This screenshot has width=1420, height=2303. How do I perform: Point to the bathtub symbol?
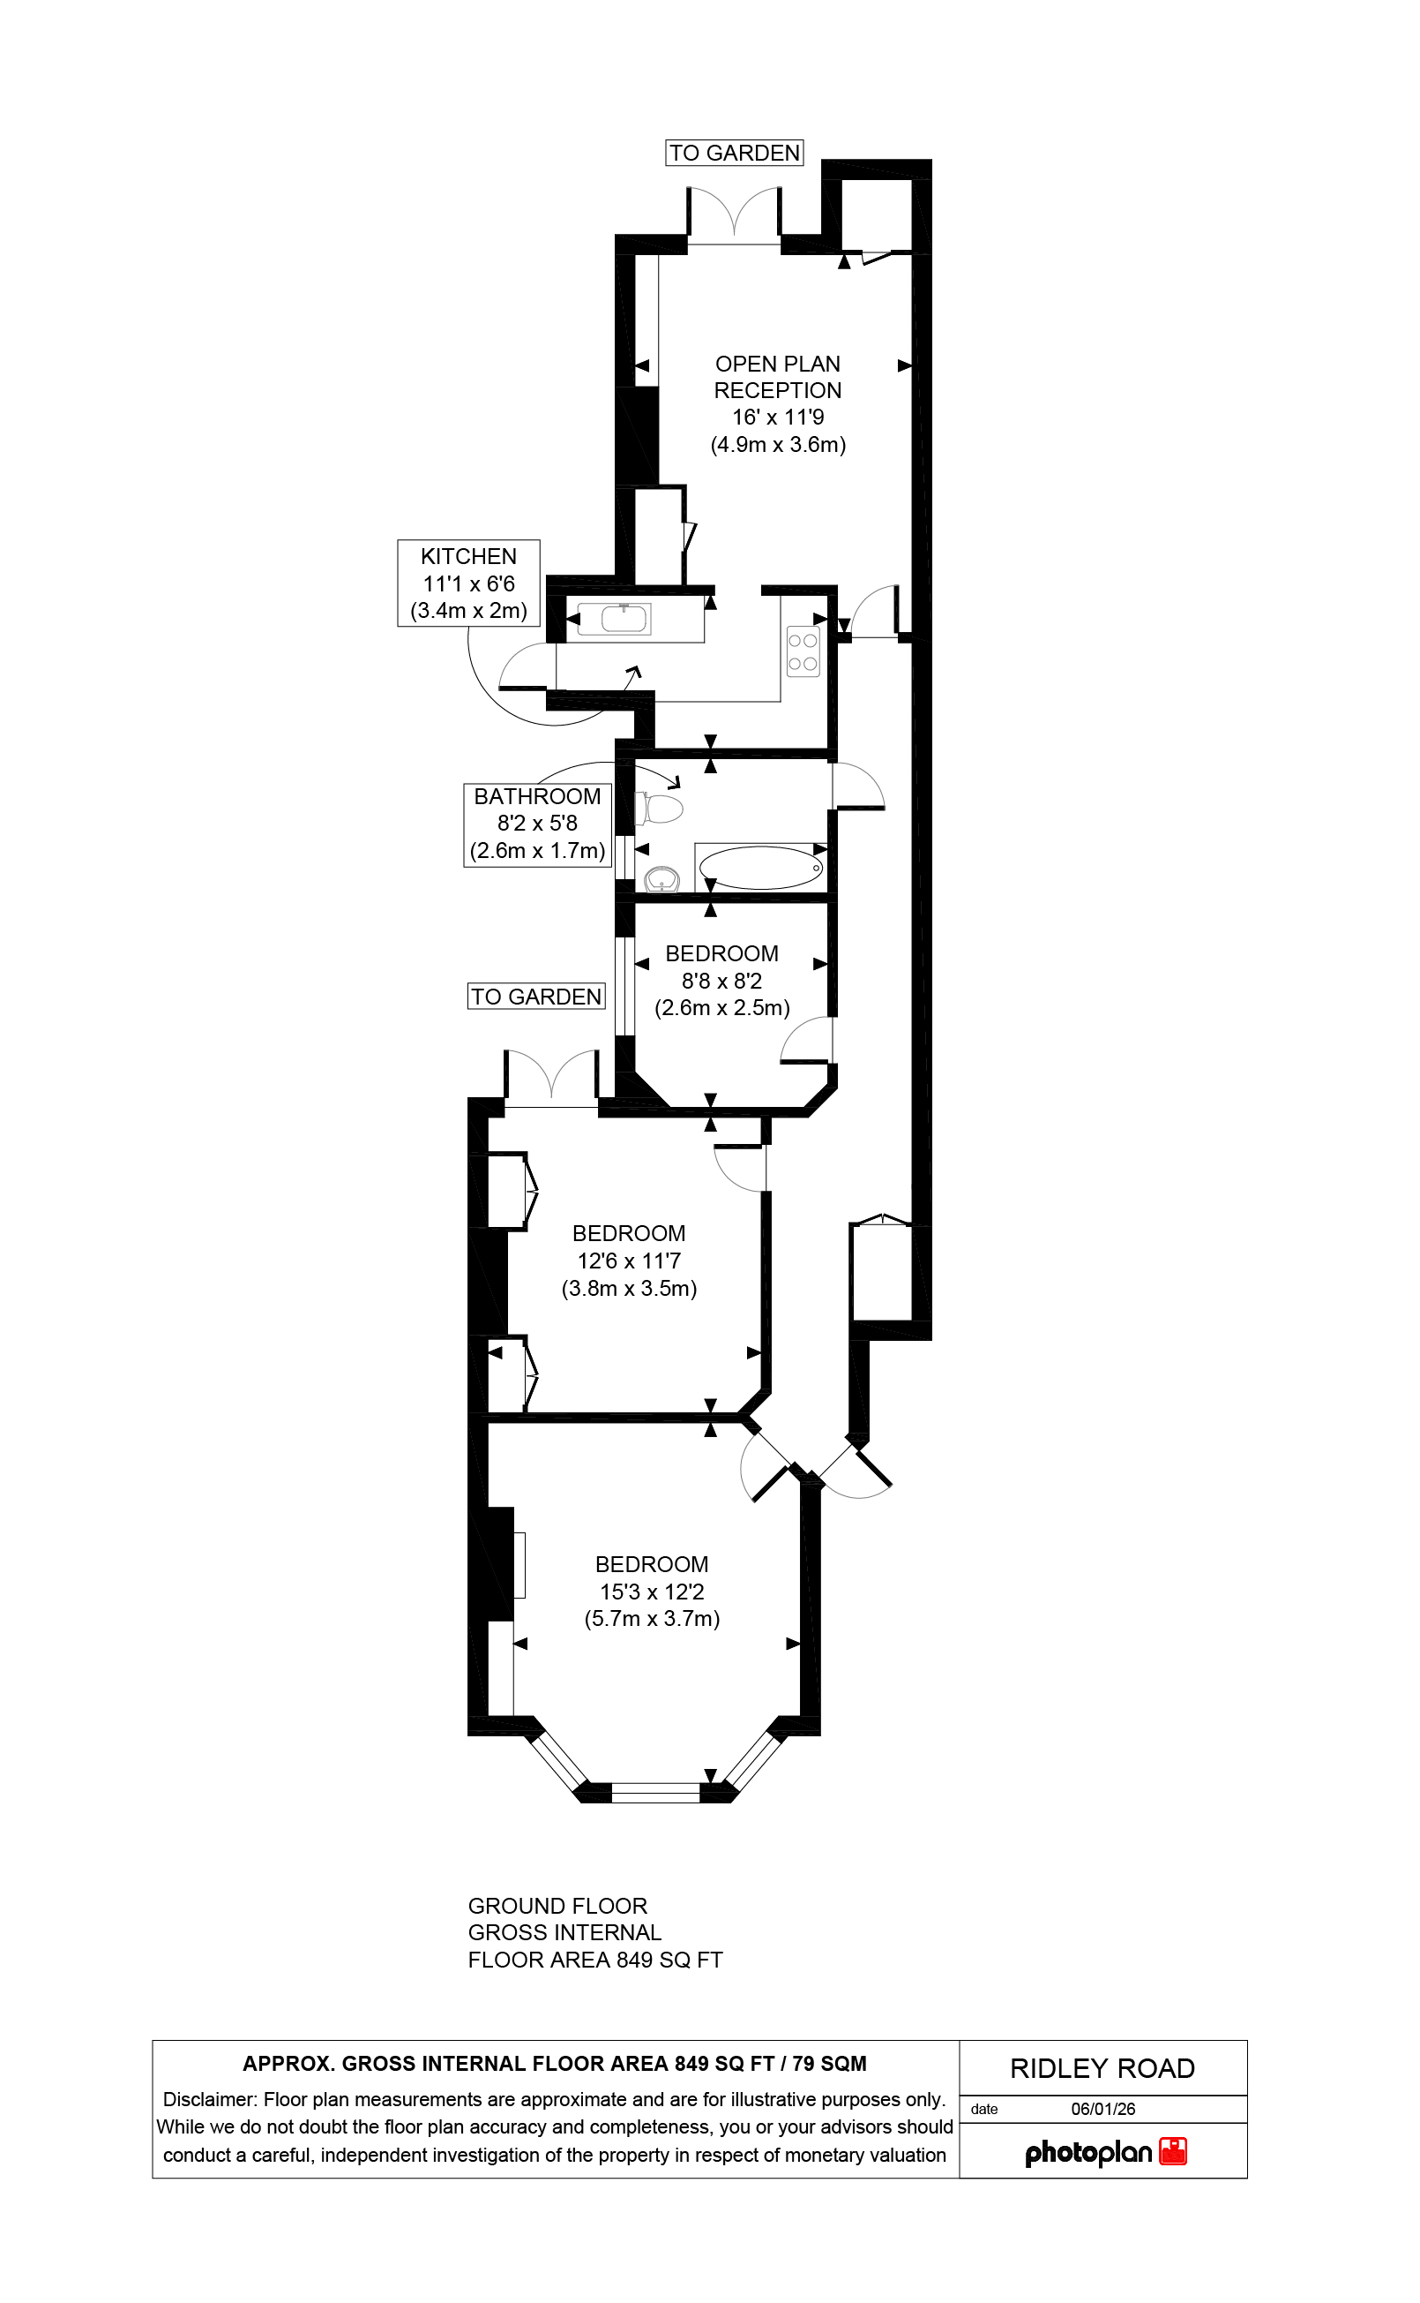tap(760, 867)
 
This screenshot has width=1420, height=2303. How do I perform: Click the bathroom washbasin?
tap(662, 879)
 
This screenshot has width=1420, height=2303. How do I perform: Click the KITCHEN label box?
tap(468, 583)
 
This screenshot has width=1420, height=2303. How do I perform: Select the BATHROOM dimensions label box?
tap(537, 824)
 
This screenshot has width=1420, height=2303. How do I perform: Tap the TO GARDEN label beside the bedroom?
tap(536, 996)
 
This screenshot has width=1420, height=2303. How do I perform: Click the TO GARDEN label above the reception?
tap(735, 154)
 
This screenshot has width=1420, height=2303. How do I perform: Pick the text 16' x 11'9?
tap(778, 418)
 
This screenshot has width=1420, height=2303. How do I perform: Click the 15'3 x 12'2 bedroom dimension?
tap(652, 1592)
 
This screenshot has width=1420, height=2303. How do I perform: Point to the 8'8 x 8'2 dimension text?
tap(721, 981)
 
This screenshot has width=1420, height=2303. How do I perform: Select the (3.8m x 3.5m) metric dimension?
tap(629, 1288)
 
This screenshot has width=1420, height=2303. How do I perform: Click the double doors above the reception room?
tap(734, 214)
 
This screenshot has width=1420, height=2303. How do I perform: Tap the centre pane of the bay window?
tap(655, 1792)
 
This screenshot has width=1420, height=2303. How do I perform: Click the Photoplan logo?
tap(1104, 2152)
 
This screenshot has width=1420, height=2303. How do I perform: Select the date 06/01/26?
tap(1102, 2109)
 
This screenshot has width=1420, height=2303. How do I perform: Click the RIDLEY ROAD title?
tap(1102, 2068)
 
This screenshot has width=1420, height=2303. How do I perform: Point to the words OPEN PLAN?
tap(778, 364)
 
